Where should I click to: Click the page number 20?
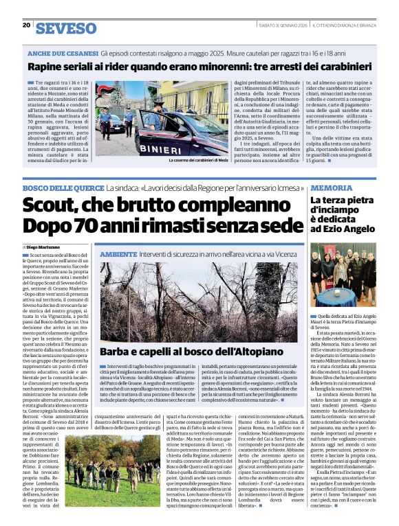26,25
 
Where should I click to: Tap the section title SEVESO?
67,28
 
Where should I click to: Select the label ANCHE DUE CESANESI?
61,53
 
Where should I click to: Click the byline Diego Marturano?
43,246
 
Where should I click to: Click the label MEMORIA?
331,187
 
